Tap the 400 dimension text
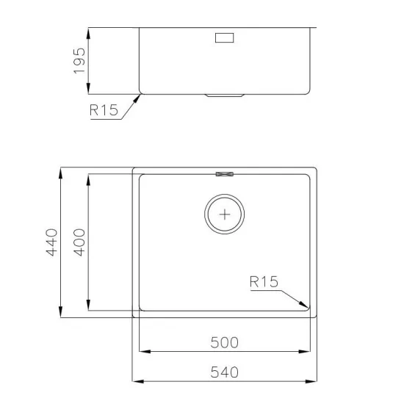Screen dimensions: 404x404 tap(79, 242)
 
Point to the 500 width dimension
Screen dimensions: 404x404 tap(224, 343)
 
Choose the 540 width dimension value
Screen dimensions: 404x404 tap(224, 372)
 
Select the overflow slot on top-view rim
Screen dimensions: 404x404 tap(224, 174)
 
